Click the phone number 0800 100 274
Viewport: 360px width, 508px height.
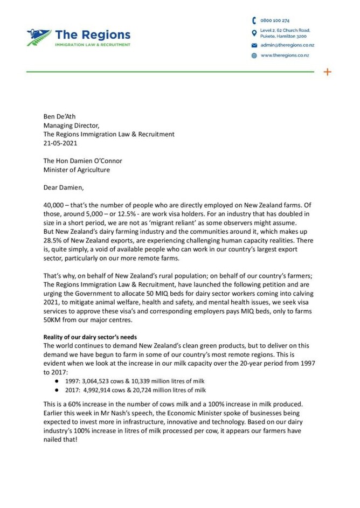(275, 20)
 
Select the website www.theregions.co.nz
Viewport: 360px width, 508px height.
(285, 55)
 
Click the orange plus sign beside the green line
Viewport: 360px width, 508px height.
(327, 72)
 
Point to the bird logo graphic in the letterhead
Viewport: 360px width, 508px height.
(39, 38)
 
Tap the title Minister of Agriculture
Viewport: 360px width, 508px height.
(77, 170)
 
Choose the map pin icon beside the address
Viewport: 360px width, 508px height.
(254, 33)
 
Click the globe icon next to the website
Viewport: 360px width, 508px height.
(254, 55)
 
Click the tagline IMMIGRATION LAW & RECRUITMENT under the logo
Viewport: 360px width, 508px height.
(92, 45)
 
